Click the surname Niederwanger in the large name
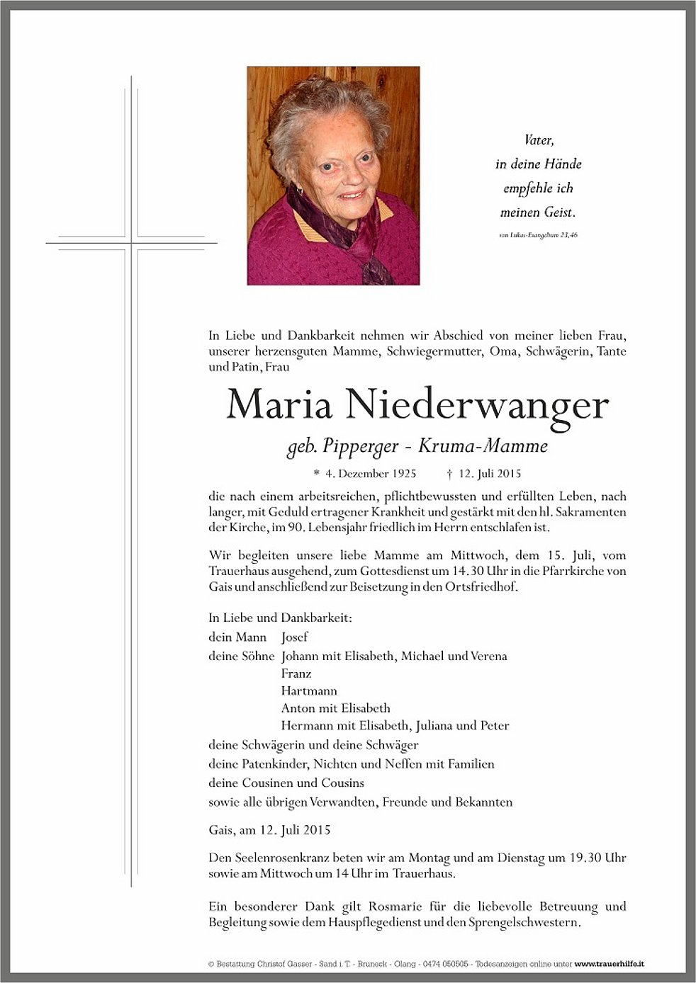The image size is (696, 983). click(x=477, y=405)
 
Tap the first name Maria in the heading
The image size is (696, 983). click(x=279, y=404)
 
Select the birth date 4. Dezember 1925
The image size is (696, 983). click(x=370, y=474)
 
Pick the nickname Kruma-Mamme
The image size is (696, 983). click(x=483, y=446)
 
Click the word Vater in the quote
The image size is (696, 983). click(x=539, y=140)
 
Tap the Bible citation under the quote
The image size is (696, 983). click(x=538, y=235)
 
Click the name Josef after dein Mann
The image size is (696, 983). click(x=294, y=637)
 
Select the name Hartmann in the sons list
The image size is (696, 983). click(x=309, y=691)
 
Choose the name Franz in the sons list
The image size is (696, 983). click(x=296, y=674)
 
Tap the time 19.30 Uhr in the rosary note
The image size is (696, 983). click(x=597, y=858)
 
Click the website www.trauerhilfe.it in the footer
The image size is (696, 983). click(x=609, y=964)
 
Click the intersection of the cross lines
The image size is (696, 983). click(x=131, y=243)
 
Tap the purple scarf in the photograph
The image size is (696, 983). click(x=352, y=234)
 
